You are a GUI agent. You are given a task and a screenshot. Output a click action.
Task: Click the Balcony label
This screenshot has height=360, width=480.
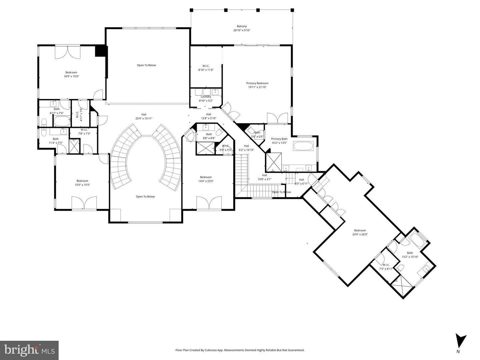(x=242, y=26)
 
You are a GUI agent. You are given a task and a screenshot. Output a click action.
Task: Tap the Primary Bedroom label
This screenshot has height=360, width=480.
(x=257, y=83)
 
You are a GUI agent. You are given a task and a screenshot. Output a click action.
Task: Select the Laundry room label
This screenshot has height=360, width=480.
(x=206, y=97)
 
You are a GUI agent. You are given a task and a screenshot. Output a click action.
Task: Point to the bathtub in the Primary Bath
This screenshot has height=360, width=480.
(x=303, y=146)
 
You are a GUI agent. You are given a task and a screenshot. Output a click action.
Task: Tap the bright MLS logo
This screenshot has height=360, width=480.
(x=29, y=350)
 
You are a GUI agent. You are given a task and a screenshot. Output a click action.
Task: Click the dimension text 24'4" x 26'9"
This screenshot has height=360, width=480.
(x=360, y=234)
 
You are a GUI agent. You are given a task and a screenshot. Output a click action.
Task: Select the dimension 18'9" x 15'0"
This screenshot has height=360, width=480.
(x=71, y=76)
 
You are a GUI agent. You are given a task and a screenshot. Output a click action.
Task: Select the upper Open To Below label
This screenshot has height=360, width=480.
(x=146, y=65)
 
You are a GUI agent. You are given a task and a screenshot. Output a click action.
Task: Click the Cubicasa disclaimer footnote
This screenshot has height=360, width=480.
(x=240, y=350)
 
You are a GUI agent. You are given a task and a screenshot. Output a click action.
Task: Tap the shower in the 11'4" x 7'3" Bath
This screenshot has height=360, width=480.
(x=74, y=146)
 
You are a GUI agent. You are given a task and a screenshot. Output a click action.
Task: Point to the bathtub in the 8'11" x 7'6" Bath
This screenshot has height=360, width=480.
(x=62, y=121)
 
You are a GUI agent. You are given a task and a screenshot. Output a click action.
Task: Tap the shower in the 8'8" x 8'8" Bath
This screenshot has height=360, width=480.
(x=205, y=148)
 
